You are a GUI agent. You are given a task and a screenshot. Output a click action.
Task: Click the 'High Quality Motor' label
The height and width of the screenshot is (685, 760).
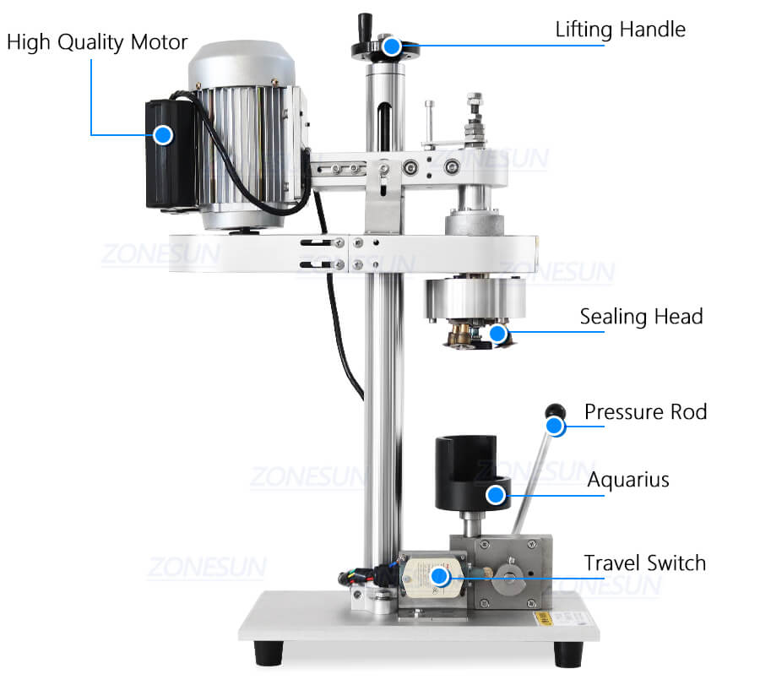click(97, 43)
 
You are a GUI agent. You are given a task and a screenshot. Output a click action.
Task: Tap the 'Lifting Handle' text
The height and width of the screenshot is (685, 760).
click(621, 30)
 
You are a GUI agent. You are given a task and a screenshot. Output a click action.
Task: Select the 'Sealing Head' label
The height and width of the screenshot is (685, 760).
click(641, 317)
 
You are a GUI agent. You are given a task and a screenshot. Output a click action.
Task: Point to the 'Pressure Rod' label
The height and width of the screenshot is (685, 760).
click(646, 412)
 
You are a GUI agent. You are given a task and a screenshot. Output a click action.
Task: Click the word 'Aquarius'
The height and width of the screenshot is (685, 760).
click(628, 480)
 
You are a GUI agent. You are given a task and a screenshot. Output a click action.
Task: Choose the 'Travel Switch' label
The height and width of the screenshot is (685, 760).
click(644, 563)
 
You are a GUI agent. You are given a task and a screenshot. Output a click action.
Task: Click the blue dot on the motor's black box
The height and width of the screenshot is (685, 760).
click(163, 135)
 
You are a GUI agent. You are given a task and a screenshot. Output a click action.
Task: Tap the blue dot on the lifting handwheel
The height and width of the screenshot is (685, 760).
click(391, 46)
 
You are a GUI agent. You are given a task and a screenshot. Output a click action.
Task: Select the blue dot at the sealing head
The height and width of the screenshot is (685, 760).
click(497, 334)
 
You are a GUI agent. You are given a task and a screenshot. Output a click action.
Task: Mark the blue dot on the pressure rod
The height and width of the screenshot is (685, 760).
click(555, 427)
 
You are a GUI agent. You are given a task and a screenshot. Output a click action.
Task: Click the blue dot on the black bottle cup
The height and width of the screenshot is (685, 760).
click(496, 495)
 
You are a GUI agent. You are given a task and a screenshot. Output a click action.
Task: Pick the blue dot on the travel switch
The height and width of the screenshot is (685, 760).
click(439, 576)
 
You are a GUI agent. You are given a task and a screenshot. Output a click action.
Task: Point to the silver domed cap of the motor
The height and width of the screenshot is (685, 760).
click(242, 64)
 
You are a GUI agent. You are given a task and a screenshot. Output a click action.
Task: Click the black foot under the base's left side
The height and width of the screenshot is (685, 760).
click(269, 653)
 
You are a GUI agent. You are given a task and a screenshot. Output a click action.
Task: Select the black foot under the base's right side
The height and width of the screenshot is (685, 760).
click(568, 654)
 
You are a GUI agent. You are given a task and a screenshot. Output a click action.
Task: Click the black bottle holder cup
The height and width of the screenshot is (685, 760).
click(471, 472)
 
